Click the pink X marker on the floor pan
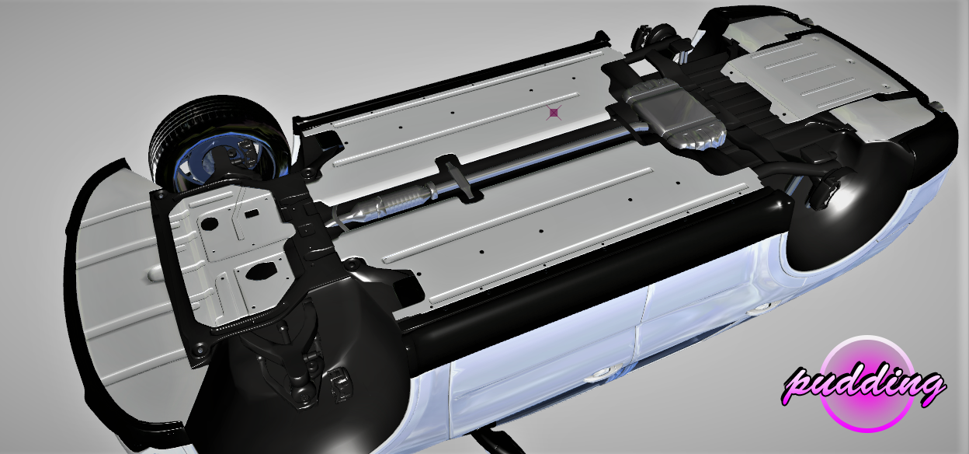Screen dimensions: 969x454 click(554, 113)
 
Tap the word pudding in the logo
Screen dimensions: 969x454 click(863, 386)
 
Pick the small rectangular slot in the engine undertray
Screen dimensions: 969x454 click(252, 214)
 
